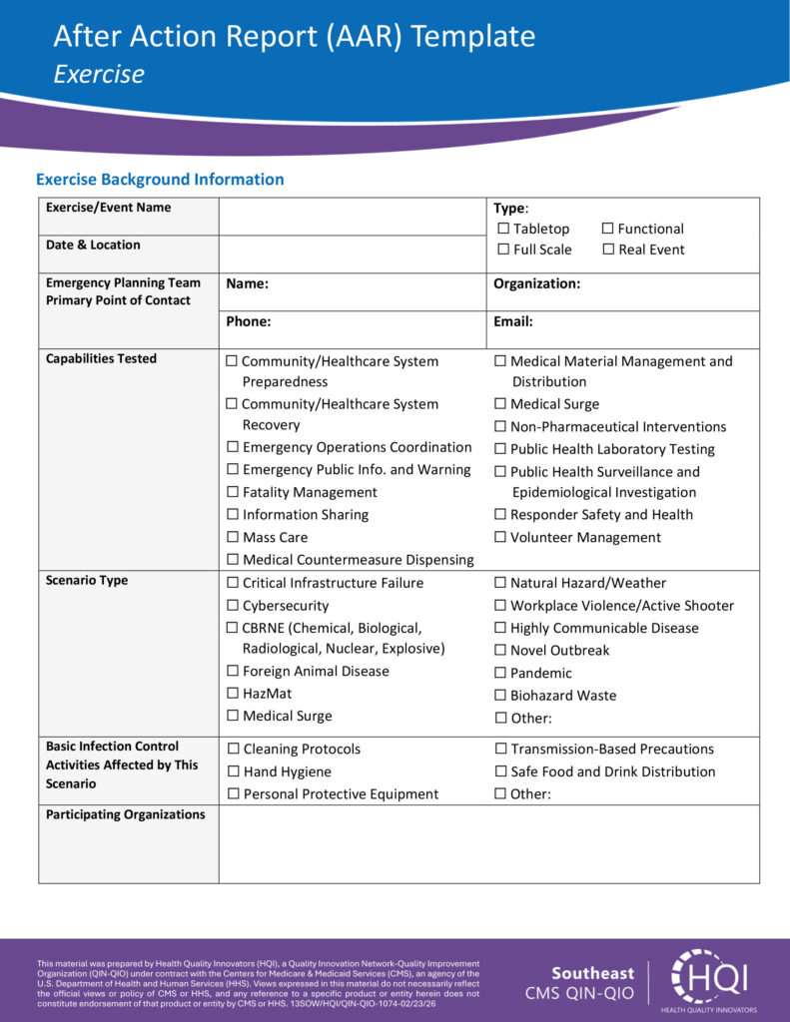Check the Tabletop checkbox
click(503, 230)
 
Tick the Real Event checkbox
click(607, 250)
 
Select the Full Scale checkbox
click(503, 250)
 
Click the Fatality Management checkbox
click(233, 492)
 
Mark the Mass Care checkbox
click(233, 537)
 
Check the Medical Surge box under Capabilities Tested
click(500, 404)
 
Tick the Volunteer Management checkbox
click(500, 537)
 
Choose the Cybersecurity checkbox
click(233, 606)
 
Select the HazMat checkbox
click(233, 694)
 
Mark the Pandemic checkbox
click(500, 673)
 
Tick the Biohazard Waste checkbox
click(500, 696)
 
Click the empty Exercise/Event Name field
click(352, 216)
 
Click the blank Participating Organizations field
click(488, 844)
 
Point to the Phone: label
click(249, 322)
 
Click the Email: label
click(512, 322)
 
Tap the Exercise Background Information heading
click(160, 180)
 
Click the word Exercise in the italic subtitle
click(99, 74)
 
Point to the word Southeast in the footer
click(592, 973)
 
